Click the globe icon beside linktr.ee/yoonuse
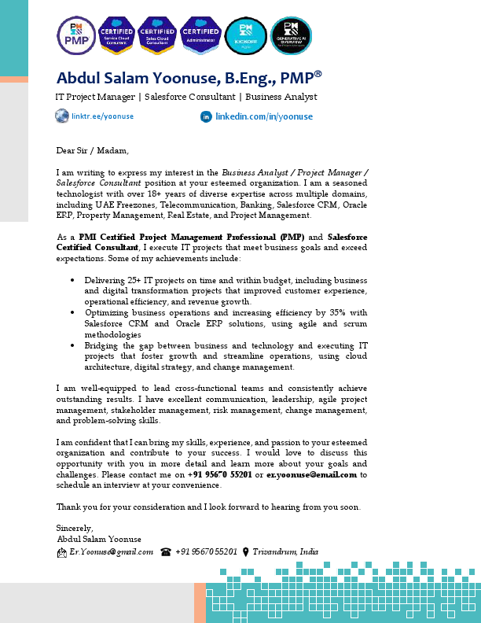62,116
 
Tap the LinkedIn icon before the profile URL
207,116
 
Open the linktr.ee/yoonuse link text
103,116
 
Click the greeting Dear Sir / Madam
91,149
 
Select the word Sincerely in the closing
75,528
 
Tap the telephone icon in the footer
166,552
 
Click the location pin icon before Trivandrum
246,552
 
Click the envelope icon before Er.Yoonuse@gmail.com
62,552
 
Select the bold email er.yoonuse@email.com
312,475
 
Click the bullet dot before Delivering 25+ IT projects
72,280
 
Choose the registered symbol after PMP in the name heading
318,73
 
